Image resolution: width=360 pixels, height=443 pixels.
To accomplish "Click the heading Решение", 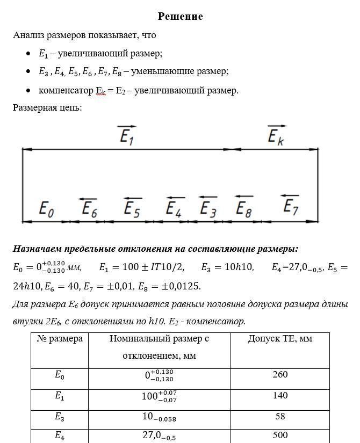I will (180, 17).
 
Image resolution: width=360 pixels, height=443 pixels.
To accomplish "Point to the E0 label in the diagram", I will (47, 209).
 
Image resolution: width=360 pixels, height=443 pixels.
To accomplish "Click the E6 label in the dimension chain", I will (89, 209).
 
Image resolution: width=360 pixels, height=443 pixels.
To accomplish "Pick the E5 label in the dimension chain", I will (132, 209).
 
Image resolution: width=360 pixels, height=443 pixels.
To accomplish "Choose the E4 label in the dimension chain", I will (174, 209).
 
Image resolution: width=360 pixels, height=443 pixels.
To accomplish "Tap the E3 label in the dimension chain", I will (208, 209).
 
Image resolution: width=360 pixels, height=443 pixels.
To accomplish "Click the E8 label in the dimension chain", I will (243, 209).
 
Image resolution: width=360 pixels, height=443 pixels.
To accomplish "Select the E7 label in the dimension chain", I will (291, 206).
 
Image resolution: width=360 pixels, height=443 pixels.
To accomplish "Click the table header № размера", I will (60, 339).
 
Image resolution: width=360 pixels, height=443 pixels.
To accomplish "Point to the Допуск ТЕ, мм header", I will (280, 339).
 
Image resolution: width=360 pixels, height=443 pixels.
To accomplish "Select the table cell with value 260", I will (280, 375).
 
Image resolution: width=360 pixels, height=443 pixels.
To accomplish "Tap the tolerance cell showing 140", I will (280, 396).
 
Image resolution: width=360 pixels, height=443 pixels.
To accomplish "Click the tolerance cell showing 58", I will (280, 416).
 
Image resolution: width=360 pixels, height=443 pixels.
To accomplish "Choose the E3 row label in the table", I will (60, 417).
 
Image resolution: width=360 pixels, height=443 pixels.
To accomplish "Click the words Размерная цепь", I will (47, 107).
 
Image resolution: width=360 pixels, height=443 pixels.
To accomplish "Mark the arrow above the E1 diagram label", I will (127, 127).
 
